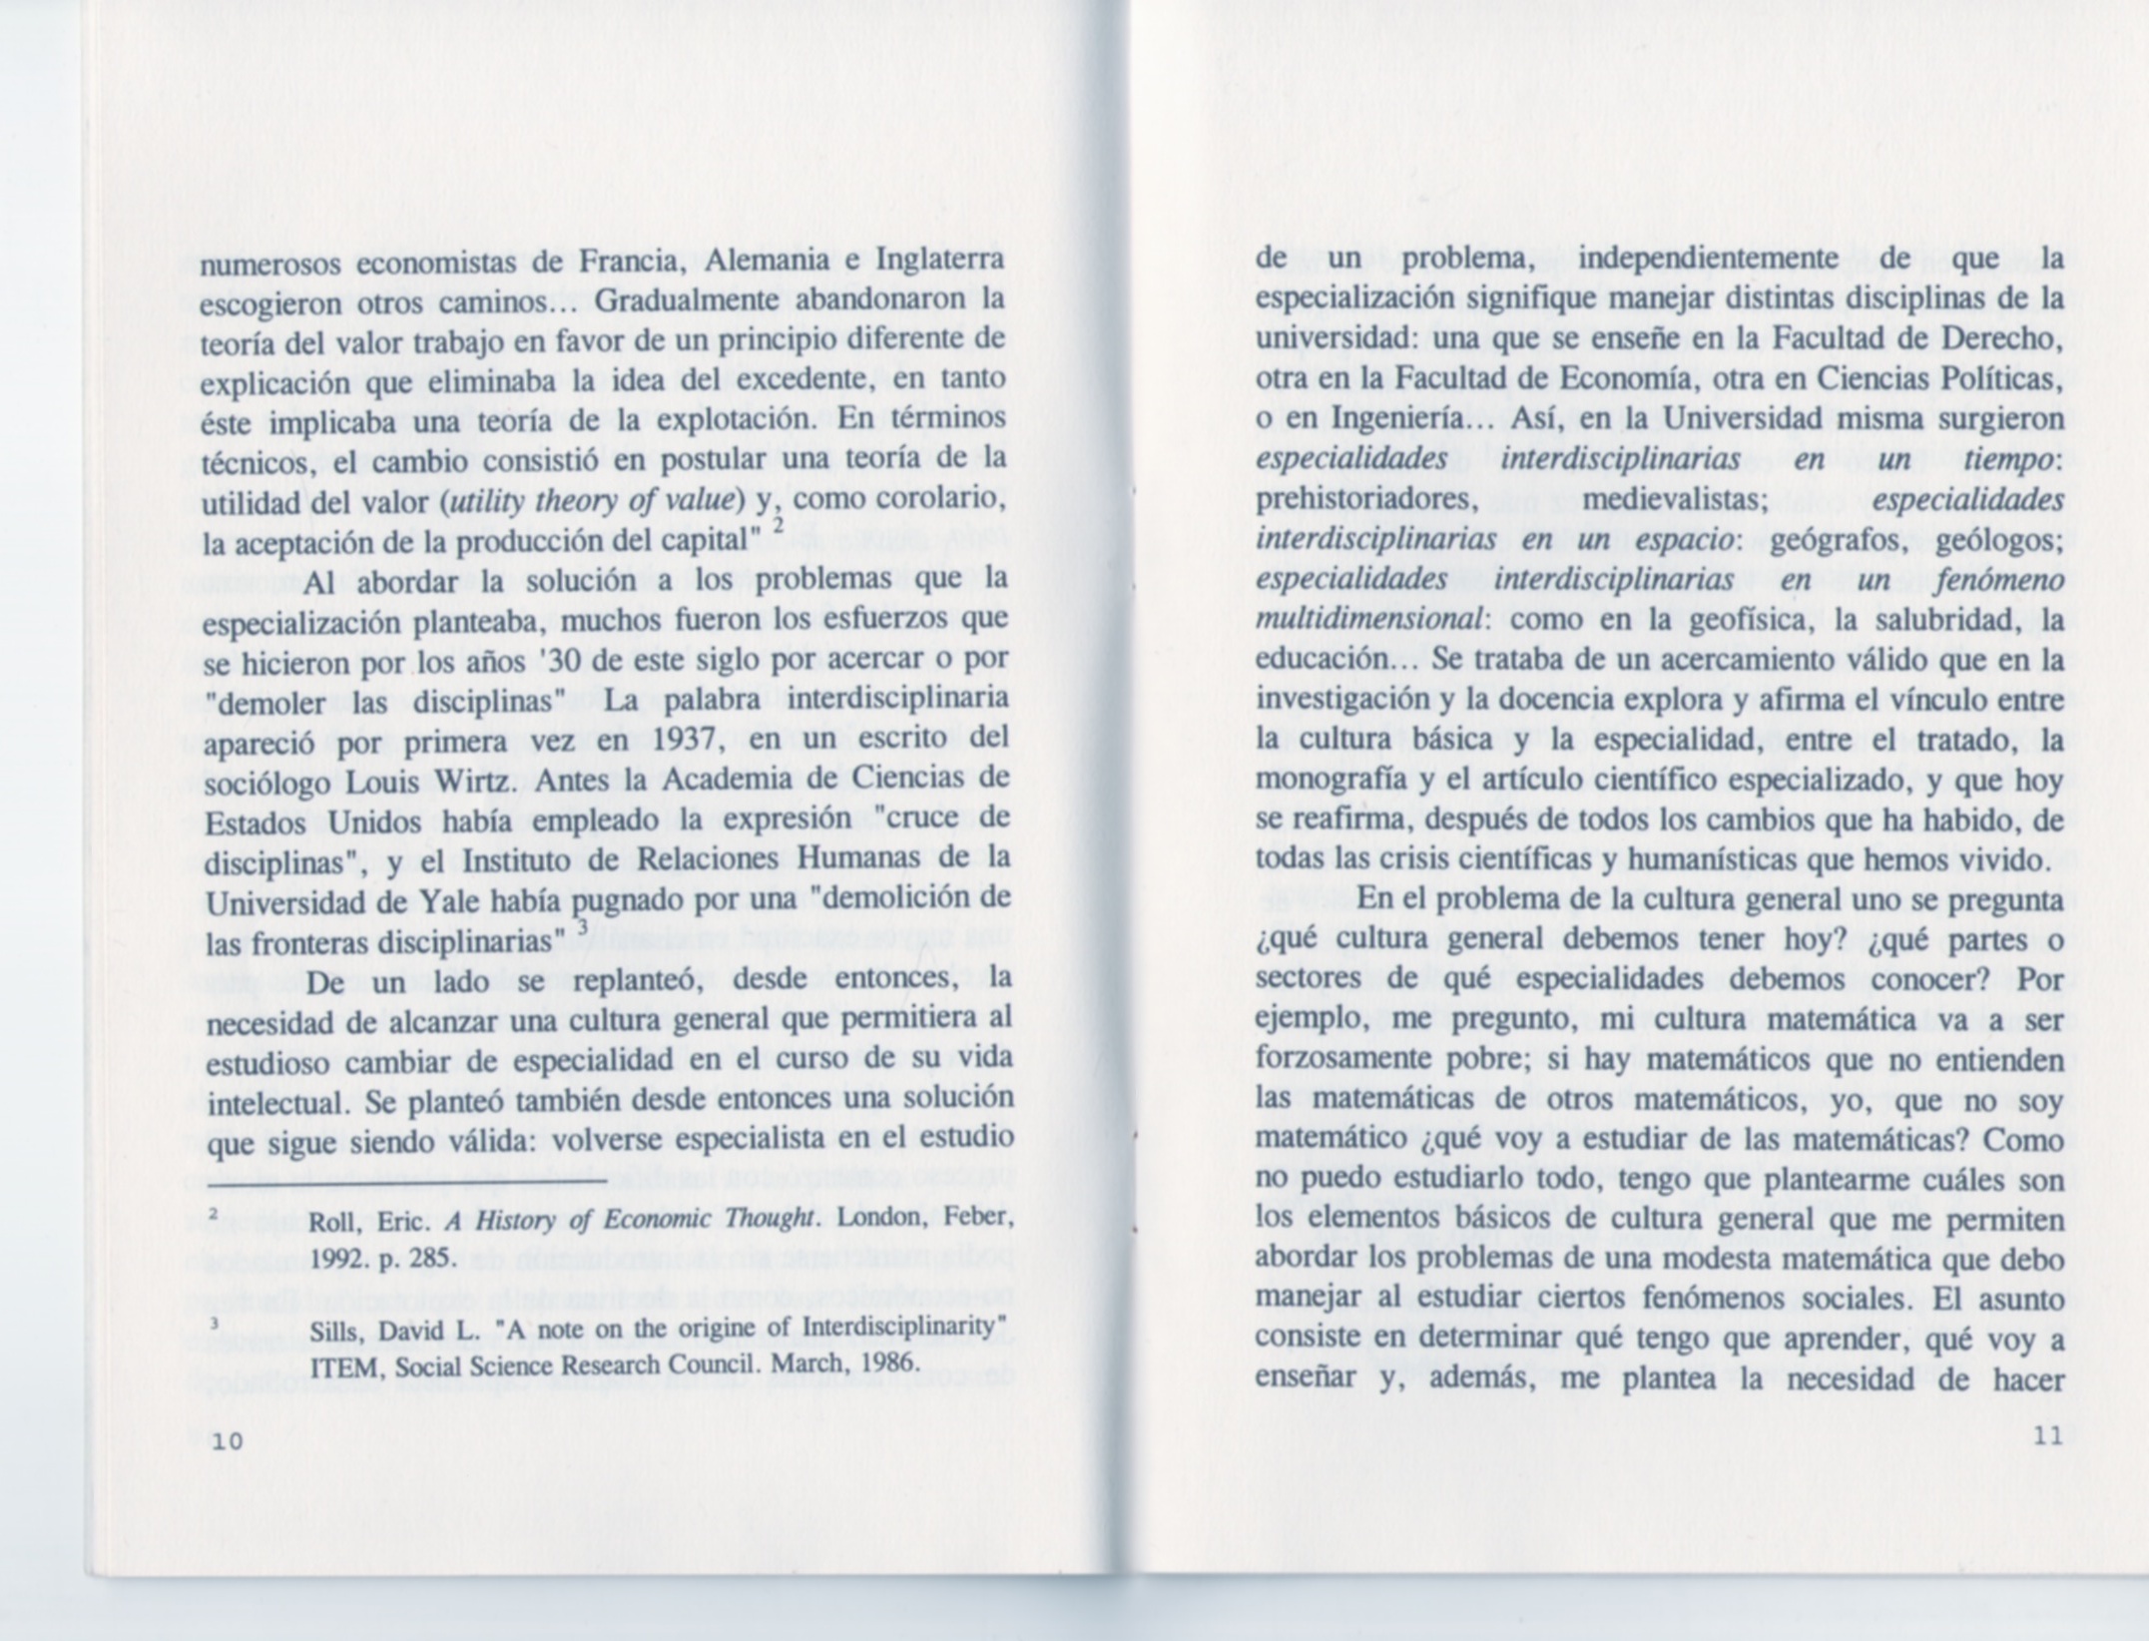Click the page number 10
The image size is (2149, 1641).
click(227, 1441)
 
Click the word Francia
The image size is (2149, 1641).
click(617, 262)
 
